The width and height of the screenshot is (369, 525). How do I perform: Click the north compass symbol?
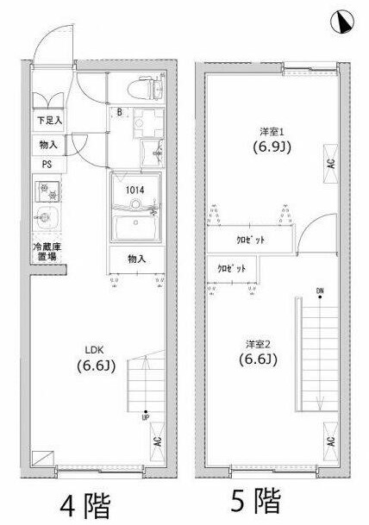tap(342, 22)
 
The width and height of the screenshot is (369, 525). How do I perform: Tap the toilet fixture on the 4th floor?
tap(146, 89)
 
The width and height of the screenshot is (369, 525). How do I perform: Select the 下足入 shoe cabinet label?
tap(49, 120)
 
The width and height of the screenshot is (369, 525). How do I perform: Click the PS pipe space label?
tap(47, 165)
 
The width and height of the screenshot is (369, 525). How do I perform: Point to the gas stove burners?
tap(48, 191)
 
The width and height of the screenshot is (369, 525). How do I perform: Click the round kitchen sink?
tap(46, 218)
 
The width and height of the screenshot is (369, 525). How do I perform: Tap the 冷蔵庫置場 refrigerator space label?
tap(47, 252)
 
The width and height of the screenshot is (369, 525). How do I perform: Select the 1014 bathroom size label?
tap(135, 191)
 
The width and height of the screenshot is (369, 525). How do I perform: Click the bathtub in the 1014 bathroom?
tap(135, 228)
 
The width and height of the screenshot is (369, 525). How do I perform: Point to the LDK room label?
tap(94, 350)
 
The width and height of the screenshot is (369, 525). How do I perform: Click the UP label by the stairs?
tap(146, 417)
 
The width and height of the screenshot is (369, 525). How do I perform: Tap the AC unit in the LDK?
tap(158, 441)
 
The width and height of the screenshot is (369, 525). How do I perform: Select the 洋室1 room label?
tap(272, 132)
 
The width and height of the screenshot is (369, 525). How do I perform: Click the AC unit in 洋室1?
tap(331, 164)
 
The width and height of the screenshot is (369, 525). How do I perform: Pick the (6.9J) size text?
tap(272, 147)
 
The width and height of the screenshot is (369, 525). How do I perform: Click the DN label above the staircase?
tap(320, 291)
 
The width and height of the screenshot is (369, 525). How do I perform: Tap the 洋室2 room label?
tap(258, 344)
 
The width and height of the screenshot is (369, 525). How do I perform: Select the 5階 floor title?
tap(255, 500)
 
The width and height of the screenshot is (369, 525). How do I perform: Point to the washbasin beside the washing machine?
tap(153, 153)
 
